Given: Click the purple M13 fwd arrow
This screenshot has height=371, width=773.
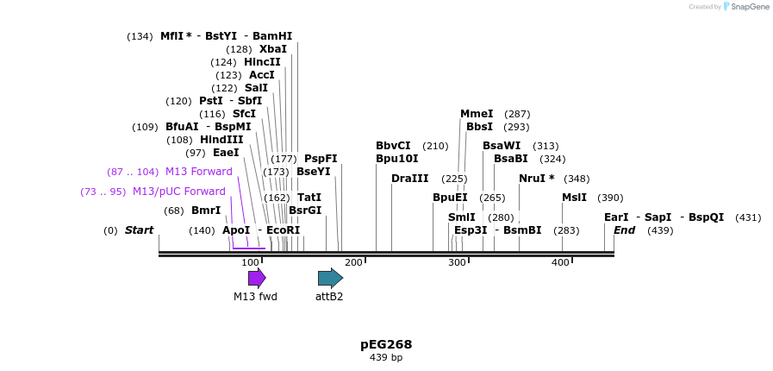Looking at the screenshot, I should (257, 278).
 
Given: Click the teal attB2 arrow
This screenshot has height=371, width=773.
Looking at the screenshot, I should (330, 278).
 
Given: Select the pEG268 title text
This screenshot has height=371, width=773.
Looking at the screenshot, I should (386, 344).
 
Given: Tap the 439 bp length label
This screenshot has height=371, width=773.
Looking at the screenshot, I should (386, 357).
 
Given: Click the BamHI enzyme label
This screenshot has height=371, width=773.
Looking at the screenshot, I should (272, 36).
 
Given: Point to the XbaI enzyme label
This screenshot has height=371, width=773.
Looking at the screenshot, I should (273, 49).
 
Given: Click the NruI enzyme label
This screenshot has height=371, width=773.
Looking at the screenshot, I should (536, 179).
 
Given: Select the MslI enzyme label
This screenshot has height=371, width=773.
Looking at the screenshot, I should (574, 198).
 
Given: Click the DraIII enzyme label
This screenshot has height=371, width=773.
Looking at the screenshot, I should (409, 179).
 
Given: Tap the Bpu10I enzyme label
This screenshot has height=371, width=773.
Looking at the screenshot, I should (396, 159).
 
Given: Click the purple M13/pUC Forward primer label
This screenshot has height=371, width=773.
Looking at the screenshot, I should (178, 192).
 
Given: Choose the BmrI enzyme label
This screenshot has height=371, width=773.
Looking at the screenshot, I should (206, 211).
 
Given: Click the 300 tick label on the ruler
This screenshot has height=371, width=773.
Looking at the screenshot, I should (457, 262).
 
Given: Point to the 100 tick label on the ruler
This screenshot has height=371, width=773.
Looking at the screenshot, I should (250, 262).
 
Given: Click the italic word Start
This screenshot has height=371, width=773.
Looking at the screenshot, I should (139, 230).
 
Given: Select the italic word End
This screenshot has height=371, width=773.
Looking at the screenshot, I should (624, 230).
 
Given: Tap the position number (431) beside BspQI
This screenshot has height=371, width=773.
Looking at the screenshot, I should (748, 217).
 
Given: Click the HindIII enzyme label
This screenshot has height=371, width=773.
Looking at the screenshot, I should (221, 140).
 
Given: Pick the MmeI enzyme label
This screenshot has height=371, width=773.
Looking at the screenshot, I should (477, 114).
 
